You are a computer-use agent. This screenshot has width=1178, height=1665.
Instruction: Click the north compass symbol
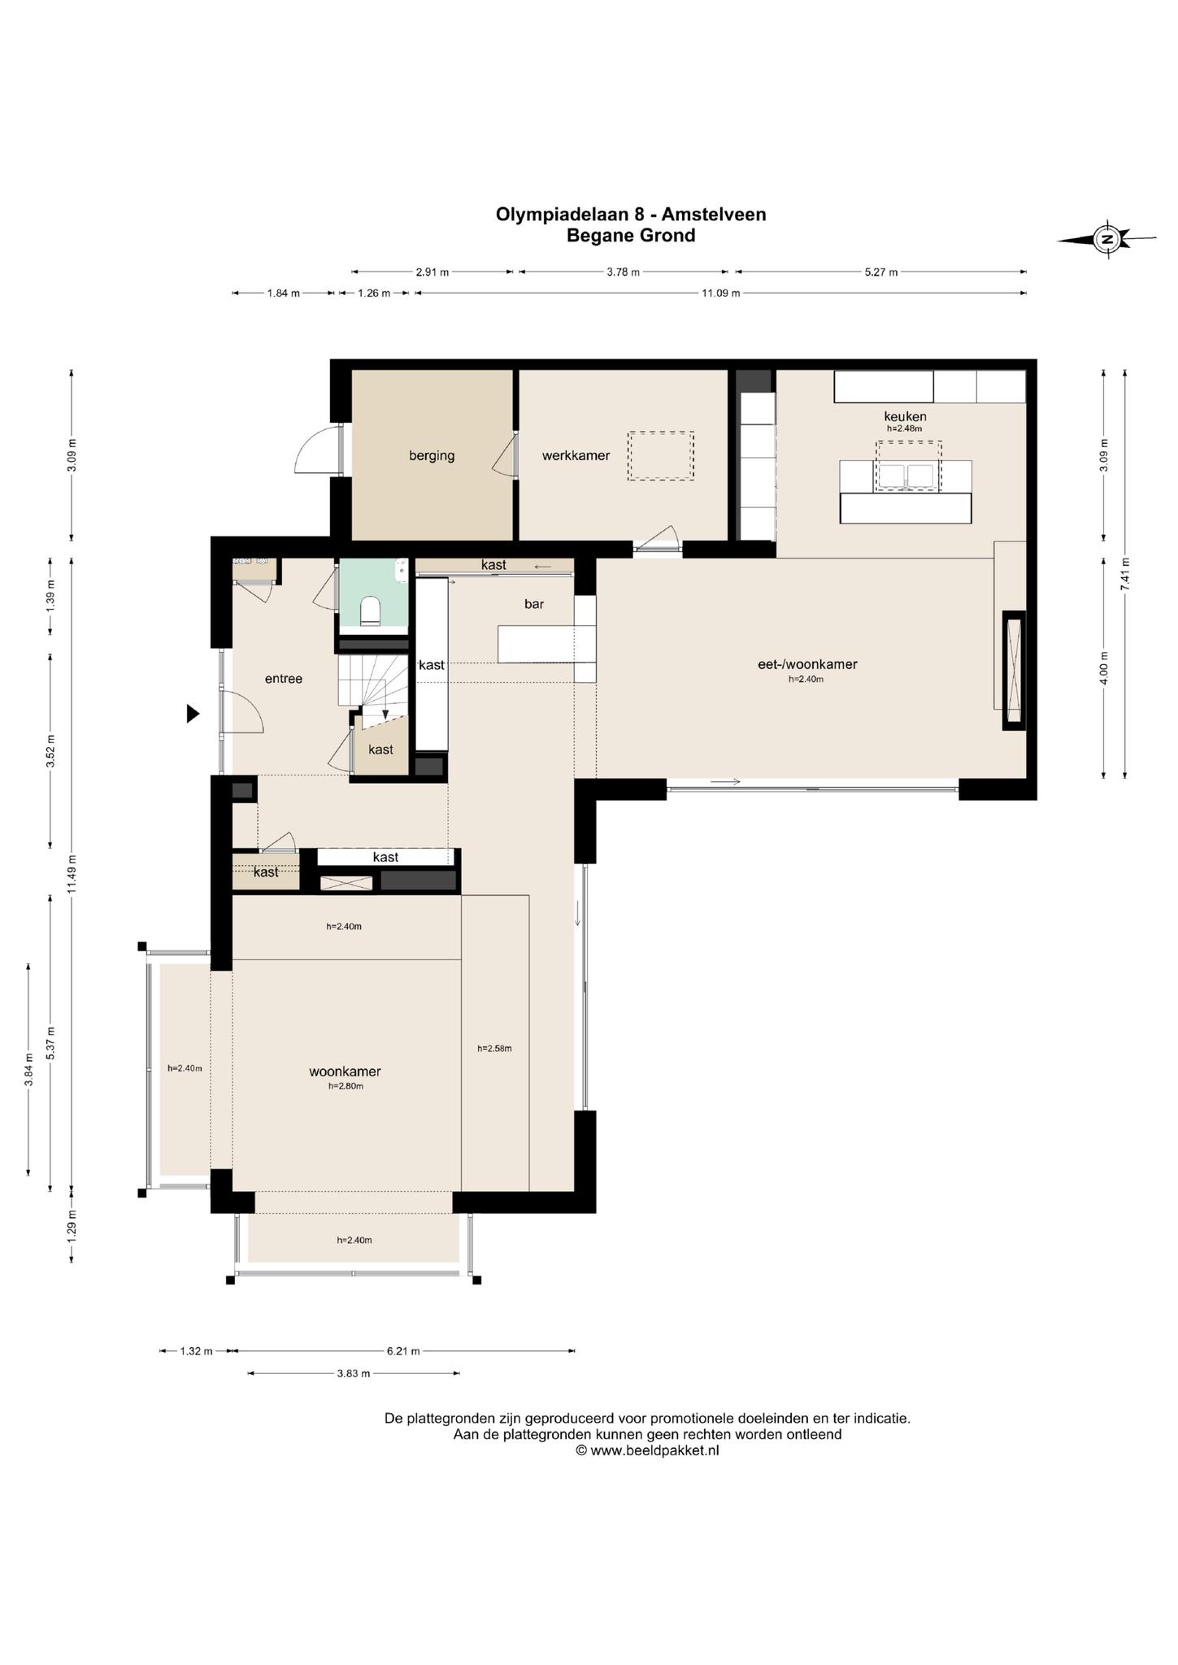(x=1106, y=239)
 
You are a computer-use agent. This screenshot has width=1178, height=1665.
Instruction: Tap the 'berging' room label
(x=432, y=455)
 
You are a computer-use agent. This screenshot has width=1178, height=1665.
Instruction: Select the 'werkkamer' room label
(x=576, y=455)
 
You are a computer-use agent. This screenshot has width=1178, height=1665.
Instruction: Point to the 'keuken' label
(x=905, y=416)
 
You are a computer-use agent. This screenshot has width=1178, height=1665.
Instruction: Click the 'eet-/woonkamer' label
(x=806, y=664)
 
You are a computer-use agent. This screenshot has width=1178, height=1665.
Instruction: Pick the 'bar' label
(x=534, y=604)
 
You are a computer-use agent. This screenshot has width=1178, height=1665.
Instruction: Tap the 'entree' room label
(x=284, y=679)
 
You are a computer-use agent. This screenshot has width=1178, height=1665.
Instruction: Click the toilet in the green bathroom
(x=370, y=611)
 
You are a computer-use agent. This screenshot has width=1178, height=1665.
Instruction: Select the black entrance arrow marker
(x=193, y=714)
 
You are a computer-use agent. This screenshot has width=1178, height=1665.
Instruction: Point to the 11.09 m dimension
(x=720, y=293)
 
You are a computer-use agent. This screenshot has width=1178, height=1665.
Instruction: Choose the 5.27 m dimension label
(x=881, y=272)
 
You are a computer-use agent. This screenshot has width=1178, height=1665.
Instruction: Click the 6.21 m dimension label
(x=403, y=1351)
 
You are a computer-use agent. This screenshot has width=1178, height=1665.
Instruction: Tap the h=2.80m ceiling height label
(x=346, y=1086)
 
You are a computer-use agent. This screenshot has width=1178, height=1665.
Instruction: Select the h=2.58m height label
(x=494, y=1048)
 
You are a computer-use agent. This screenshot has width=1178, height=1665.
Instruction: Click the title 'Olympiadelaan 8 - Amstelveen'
(x=631, y=214)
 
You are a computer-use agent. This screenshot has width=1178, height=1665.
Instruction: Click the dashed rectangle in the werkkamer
(x=661, y=456)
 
